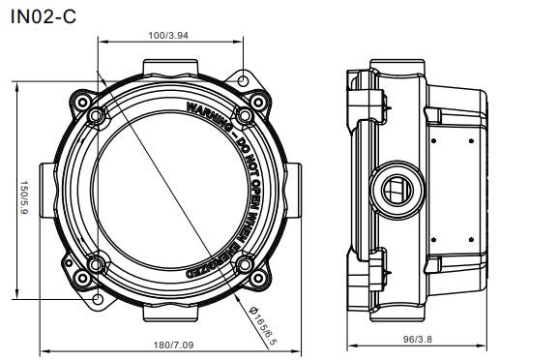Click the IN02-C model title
tap(44, 16)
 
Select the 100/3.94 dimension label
tap(168, 35)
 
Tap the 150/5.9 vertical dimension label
tap(24, 197)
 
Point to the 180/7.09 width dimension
tap(173, 345)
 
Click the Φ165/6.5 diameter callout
tap(263, 325)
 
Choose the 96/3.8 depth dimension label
tap(418, 339)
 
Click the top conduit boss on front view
tap(170, 68)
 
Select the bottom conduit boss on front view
tap(170, 313)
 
